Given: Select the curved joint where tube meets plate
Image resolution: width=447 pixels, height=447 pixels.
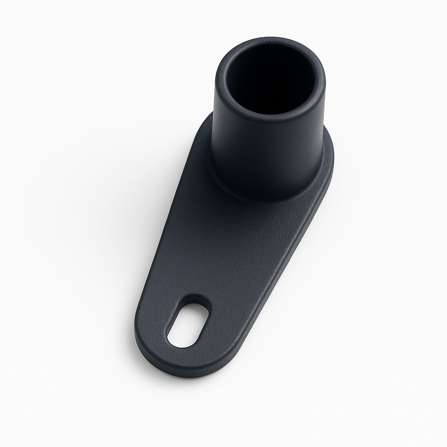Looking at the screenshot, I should [x=262, y=199].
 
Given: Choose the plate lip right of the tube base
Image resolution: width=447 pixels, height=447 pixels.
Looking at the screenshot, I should [x=329, y=162].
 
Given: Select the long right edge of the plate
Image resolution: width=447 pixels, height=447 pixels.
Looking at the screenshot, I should [x=284, y=271].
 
